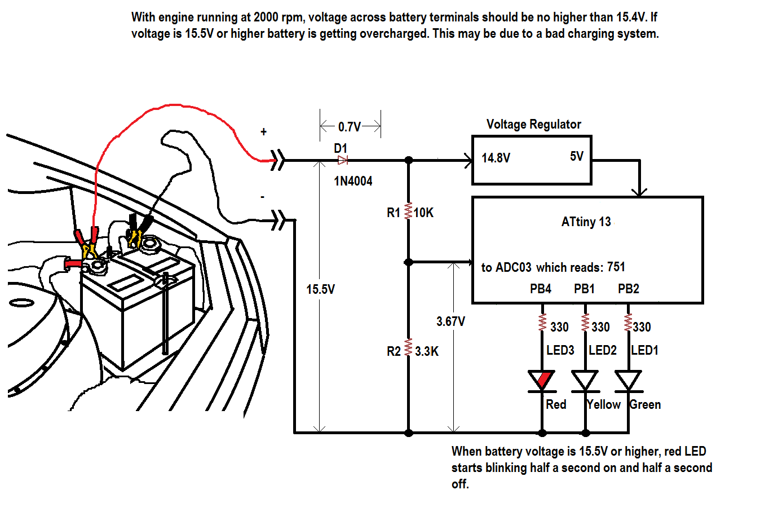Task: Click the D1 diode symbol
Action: [x=342, y=161]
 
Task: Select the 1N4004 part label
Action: [x=353, y=181]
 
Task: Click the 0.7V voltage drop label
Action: [x=350, y=127]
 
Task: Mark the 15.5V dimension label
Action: [x=320, y=289]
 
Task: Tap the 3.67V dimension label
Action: [x=450, y=321]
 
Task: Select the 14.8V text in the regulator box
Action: [x=496, y=158]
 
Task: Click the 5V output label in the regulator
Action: [x=576, y=156]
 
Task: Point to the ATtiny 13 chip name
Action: [x=586, y=222]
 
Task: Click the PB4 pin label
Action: [x=540, y=289]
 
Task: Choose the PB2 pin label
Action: [x=628, y=289]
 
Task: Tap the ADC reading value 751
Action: [x=616, y=267]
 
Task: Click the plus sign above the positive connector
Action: [x=263, y=132]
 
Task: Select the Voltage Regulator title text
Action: [x=533, y=124]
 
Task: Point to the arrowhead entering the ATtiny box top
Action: [x=639, y=192]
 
